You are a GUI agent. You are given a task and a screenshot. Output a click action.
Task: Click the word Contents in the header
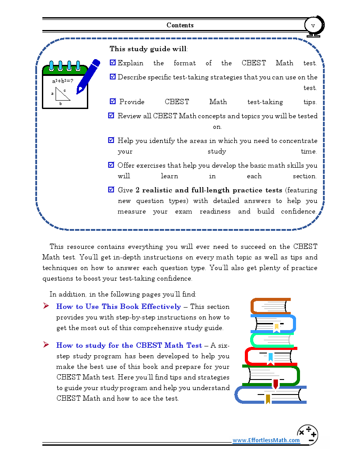click(x=180, y=25)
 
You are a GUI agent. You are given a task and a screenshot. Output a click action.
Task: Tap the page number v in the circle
click(x=313, y=25)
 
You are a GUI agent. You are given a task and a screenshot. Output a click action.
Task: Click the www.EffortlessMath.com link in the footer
click(x=266, y=440)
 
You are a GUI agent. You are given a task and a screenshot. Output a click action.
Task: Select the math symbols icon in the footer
click(x=307, y=434)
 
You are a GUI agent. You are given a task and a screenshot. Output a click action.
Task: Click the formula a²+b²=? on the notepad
click(x=62, y=81)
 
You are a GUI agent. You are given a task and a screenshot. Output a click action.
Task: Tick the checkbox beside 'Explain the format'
click(x=112, y=63)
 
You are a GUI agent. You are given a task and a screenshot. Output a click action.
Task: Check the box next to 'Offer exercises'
click(x=111, y=165)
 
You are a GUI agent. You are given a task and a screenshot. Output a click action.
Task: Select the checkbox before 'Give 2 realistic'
click(x=111, y=190)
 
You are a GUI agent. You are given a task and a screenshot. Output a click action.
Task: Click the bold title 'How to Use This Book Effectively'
click(x=118, y=306)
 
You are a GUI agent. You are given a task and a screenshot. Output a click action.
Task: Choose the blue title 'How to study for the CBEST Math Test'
click(x=129, y=345)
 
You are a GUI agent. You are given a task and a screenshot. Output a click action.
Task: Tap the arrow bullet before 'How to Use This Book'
click(x=46, y=306)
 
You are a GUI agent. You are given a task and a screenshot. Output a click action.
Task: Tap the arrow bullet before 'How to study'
click(x=46, y=345)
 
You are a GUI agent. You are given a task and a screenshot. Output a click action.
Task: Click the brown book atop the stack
click(x=270, y=306)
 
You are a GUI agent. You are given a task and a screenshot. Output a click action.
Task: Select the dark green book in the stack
click(x=271, y=376)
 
